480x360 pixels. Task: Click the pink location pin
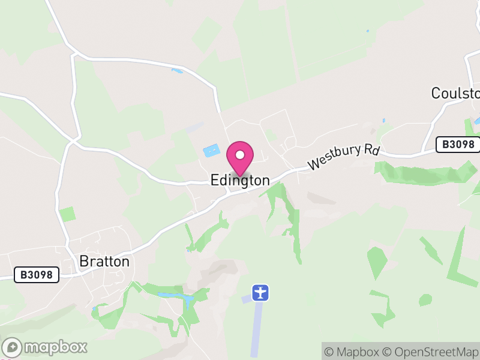240,158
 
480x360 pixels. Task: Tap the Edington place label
240,180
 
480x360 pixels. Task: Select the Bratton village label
104,262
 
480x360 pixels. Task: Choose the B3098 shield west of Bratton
37,275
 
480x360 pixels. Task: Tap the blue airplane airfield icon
260,293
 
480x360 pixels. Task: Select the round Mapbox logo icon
13,347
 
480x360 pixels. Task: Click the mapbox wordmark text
55,347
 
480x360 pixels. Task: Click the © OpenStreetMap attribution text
431,352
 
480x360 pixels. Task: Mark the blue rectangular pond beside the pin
212,151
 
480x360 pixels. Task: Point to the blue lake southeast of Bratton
177,296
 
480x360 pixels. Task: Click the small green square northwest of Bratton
67,214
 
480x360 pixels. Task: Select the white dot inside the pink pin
240,155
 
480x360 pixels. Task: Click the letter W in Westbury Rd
314,164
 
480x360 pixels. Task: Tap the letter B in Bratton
84,262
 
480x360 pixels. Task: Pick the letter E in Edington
214,180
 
